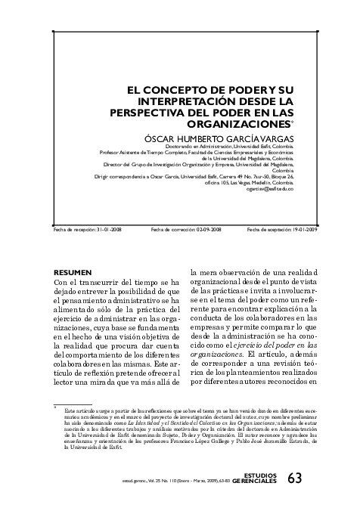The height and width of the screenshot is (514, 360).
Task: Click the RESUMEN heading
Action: (73, 271)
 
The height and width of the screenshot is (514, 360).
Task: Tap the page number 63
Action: (294, 478)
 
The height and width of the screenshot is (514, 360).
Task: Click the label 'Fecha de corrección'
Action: (175, 229)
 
